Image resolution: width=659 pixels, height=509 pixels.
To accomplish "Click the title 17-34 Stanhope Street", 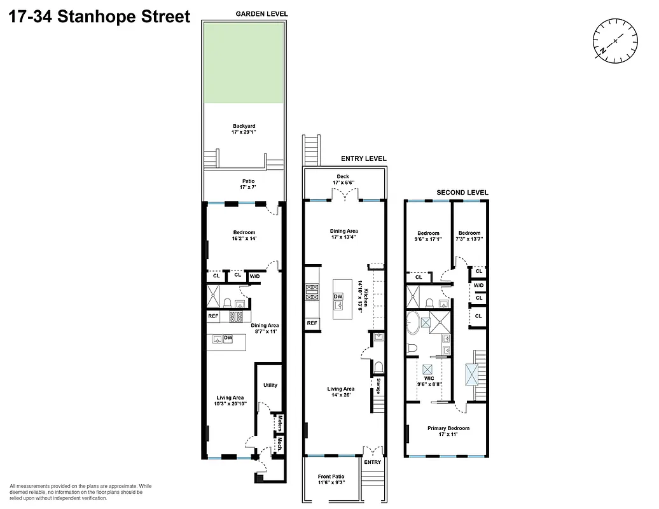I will [x=99, y=17].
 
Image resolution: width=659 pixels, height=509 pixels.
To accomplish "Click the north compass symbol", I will [x=615, y=41].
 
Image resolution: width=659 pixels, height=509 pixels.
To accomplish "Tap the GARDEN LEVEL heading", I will [x=261, y=13].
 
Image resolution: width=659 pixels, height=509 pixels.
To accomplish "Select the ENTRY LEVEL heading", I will [x=363, y=159].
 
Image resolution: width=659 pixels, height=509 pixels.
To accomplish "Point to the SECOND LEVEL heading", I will [x=462, y=192].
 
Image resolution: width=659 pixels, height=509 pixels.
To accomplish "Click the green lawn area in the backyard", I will [x=244, y=62].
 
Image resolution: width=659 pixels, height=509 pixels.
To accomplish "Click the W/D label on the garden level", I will [x=254, y=276].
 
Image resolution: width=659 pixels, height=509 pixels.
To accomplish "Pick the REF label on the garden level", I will [x=214, y=316].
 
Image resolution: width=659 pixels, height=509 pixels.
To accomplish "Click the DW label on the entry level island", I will [x=338, y=297].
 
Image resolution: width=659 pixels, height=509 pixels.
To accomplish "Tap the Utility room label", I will [x=270, y=385].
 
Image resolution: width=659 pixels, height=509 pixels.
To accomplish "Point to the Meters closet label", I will [x=279, y=422].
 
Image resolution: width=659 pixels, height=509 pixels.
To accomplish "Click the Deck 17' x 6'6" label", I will [x=343, y=180].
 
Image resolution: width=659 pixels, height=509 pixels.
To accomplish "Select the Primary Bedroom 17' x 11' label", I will [x=448, y=431].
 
